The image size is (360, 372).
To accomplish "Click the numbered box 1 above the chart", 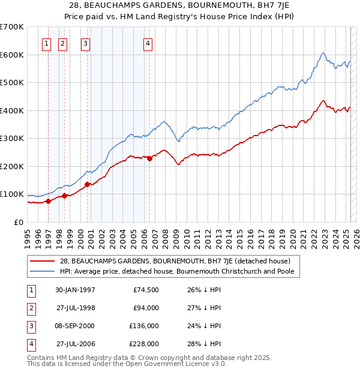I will point(47,43).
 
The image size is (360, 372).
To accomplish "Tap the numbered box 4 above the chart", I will point(148,43).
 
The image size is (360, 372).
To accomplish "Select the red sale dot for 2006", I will point(149,158).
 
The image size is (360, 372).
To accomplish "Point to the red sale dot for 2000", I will point(87,184).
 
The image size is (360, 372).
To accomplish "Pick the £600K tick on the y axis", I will point(12,55).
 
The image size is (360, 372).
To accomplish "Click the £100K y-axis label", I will point(12,194).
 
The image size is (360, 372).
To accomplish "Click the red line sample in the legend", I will point(43,261).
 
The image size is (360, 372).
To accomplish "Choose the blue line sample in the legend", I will point(43,271).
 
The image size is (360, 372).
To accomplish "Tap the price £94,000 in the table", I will point(146,308).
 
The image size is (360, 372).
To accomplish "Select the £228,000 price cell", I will point(145,344).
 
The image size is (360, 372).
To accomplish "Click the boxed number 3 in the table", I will point(29,326).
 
